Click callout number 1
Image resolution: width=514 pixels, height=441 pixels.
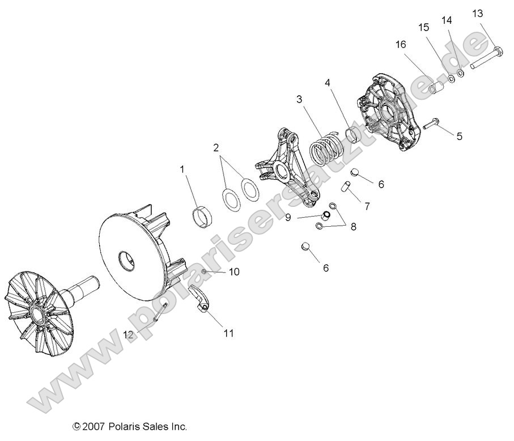(182, 169)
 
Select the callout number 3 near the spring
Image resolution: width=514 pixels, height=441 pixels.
(299, 99)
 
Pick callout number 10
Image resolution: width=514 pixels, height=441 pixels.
(233, 272)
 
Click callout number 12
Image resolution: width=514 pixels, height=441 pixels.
(129, 335)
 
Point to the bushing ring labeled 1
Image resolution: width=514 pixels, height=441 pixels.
(201, 217)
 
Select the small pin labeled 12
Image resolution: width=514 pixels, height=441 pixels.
(159, 312)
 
